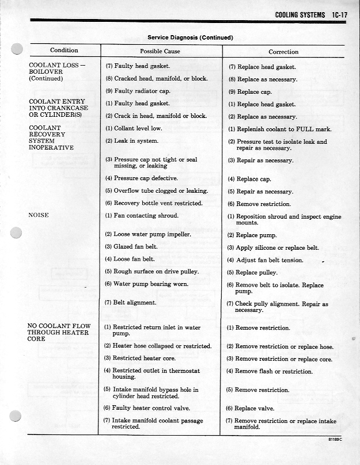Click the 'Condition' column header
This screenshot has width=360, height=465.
pyautogui.click(x=64, y=51)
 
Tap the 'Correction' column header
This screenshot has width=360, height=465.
pyautogui.click(x=283, y=52)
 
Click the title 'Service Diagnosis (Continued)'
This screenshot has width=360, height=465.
pyautogui.click(x=190, y=37)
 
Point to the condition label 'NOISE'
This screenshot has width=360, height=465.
pyautogui.click(x=39, y=215)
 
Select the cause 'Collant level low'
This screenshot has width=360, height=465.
pyautogui.click(x=133, y=129)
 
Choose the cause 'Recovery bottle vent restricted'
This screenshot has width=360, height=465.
pyautogui.click(x=153, y=203)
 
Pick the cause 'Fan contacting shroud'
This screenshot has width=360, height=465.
pyautogui.click(x=141, y=216)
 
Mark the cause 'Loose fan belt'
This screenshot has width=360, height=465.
pyautogui.click(x=131, y=259)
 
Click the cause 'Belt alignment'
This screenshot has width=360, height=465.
pyautogui.click(x=130, y=302)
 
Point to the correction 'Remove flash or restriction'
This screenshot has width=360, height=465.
pyautogui.click(x=270, y=371)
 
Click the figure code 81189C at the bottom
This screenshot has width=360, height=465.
pyautogui.click(x=334, y=439)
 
